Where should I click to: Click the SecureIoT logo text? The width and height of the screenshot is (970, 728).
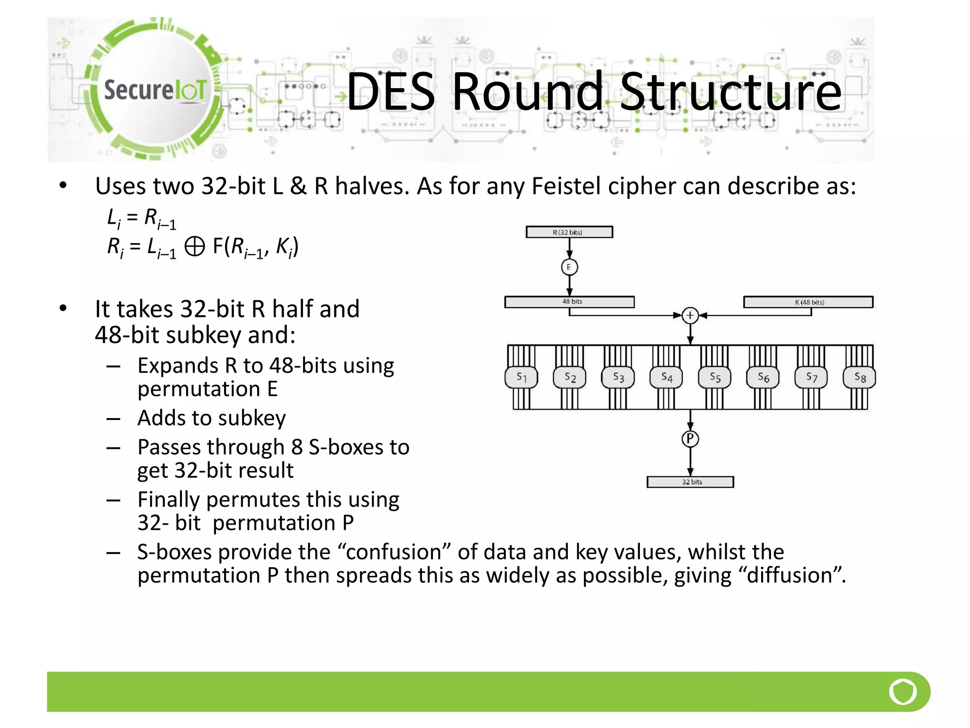point(155,90)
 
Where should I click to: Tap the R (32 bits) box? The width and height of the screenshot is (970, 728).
point(569,232)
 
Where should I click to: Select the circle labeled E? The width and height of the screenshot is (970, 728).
point(569,267)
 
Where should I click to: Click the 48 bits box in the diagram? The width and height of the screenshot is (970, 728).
point(569,302)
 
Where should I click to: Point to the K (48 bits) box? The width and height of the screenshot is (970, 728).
point(808,302)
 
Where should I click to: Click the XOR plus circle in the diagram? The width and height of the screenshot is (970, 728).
point(690,315)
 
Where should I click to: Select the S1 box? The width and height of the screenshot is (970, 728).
point(521,377)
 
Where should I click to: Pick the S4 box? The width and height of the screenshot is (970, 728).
point(666,377)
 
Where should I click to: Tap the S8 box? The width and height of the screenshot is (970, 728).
point(860,377)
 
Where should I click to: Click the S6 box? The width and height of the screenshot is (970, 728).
point(763,377)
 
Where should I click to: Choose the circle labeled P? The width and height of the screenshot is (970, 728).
point(690,439)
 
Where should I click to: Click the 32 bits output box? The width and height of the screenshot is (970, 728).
point(690,482)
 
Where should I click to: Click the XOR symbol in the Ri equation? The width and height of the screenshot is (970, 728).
point(194,246)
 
